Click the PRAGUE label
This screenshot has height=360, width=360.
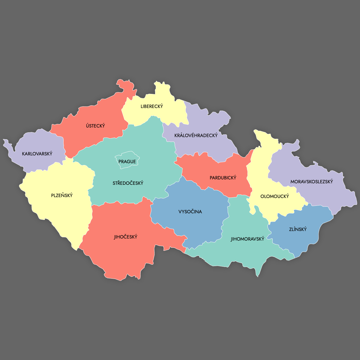[127, 162]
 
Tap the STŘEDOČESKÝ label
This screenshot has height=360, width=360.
[128, 183]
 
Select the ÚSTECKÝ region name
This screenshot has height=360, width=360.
[95, 126]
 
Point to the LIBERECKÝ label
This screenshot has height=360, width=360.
[152, 106]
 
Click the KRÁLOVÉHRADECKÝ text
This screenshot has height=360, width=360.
[196, 136]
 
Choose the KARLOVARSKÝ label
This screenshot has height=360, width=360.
[37, 154]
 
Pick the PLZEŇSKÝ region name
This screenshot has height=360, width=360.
[62, 196]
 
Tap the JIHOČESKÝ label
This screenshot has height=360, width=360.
[126, 237]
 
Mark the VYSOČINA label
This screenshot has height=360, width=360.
[190, 212]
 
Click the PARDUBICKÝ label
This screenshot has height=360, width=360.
[223, 178]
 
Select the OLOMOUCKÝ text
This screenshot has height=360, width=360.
[274, 196]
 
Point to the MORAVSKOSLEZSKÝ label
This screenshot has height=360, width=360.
[312, 182]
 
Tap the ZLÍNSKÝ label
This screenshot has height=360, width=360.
[298, 229]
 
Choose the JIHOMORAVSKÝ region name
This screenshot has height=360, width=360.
[247, 239]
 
